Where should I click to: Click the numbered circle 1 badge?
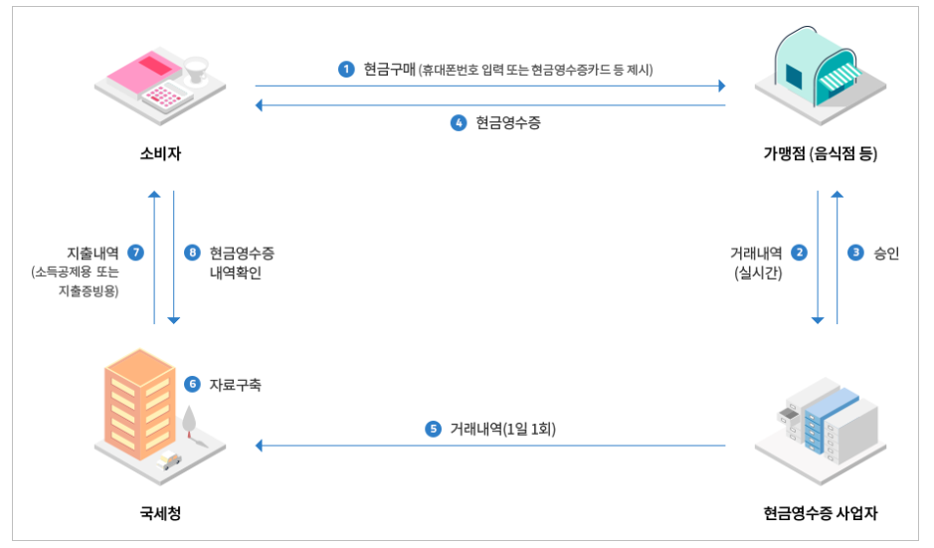click(x=346, y=69)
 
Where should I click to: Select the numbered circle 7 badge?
click(x=136, y=253)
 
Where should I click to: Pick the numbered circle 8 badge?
click(x=193, y=253)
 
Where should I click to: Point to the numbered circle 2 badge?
click(x=799, y=253)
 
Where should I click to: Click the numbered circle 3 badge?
click(x=854, y=253)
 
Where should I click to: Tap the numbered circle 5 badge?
click(x=433, y=430)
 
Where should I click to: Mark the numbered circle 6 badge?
click(x=193, y=383)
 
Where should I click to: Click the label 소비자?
click(x=160, y=154)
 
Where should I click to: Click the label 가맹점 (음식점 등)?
click(x=821, y=154)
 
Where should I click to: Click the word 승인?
click(x=885, y=253)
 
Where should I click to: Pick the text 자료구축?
click(x=235, y=383)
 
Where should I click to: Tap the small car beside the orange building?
click(x=170, y=459)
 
